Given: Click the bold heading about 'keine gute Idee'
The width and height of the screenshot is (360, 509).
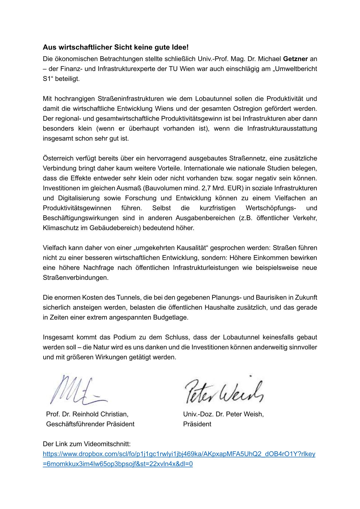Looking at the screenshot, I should [116, 47].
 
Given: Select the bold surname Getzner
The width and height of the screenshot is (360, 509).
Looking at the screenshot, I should [295, 59].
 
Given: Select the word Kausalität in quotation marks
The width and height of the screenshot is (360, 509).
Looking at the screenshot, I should [190, 248].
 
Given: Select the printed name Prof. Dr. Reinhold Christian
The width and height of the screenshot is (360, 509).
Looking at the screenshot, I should [87, 414].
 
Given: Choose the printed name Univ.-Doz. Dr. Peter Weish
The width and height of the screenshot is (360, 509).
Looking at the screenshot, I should [223, 414].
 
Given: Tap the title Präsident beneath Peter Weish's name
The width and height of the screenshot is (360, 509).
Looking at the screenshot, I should [197, 424].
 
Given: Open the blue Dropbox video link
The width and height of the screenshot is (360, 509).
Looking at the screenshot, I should [179, 454].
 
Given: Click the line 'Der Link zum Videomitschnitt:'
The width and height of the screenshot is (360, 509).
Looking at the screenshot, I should [87, 444].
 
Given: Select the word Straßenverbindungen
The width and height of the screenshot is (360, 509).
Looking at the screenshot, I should [75, 278].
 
